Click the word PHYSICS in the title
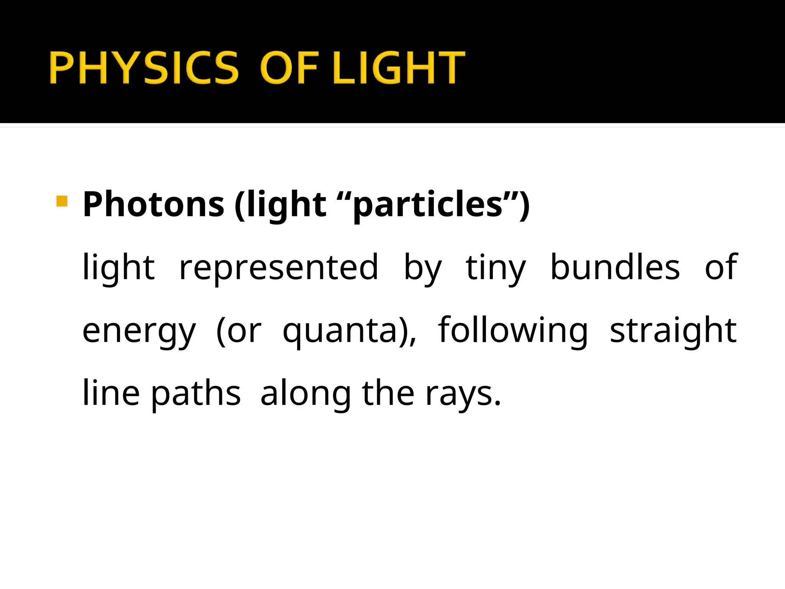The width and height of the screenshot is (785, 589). click(144, 67)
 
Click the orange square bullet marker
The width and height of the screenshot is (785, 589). click(62, 201)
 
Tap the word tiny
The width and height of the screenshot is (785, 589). click(496, 268)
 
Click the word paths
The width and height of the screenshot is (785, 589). click(196, 394)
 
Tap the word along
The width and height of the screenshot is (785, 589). click(305, 394)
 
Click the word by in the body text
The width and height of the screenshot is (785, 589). click(423, 268)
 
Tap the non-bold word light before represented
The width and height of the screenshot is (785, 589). click(119, 268)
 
